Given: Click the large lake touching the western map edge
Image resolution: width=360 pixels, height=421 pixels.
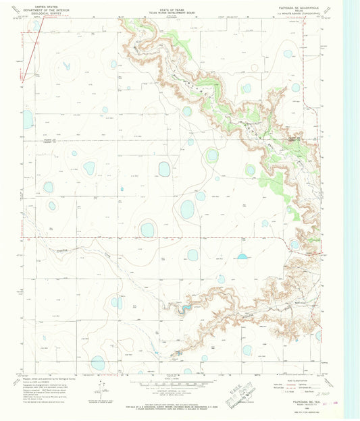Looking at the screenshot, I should click(x=28, y=119).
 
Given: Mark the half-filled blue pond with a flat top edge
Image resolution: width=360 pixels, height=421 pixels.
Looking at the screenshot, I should click(x=242, y=256).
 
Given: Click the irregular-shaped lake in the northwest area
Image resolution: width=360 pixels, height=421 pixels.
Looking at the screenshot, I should click(x=67, y=66).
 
